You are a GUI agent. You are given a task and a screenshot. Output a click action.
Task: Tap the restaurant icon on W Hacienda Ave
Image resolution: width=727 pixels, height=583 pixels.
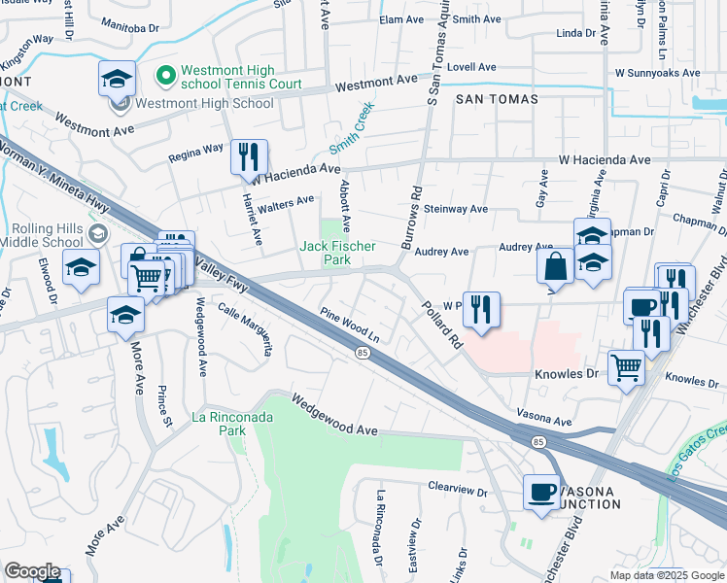(248, 155)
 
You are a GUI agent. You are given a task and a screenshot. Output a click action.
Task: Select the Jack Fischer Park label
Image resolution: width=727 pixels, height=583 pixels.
(337, 253)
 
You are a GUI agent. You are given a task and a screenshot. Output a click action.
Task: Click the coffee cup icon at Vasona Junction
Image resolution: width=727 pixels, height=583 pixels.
(541, 492)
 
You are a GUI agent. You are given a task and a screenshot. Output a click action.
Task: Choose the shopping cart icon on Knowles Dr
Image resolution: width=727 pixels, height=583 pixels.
(626, 367)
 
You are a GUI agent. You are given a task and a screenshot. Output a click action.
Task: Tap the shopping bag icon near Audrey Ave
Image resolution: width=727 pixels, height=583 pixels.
(553, 265)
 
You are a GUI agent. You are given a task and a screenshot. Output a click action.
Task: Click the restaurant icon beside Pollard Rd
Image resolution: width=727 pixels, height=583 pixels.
(480, 309)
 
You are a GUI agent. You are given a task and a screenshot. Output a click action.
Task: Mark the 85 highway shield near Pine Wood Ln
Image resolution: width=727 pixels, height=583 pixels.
(362, 352)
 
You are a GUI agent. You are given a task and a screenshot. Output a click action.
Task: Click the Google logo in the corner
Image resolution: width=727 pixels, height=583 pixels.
(31, 571)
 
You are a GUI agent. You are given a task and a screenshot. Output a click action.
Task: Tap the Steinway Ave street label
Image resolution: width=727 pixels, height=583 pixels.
(452, 209)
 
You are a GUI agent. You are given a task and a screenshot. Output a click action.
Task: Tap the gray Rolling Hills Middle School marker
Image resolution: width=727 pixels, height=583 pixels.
(97, 233)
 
